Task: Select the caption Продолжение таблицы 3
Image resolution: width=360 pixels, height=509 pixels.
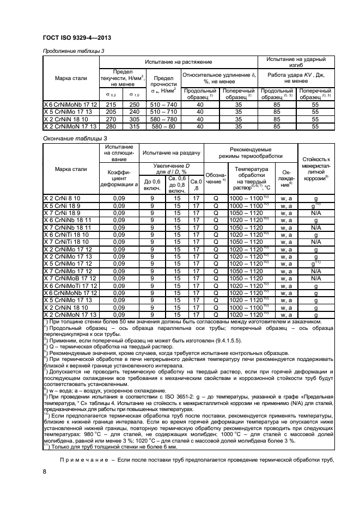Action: click(x=72, y=51)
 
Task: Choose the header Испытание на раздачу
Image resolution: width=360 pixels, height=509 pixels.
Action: click(x=171, y=154)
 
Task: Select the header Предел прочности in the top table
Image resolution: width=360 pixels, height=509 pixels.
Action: click(x=163, y=81)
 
